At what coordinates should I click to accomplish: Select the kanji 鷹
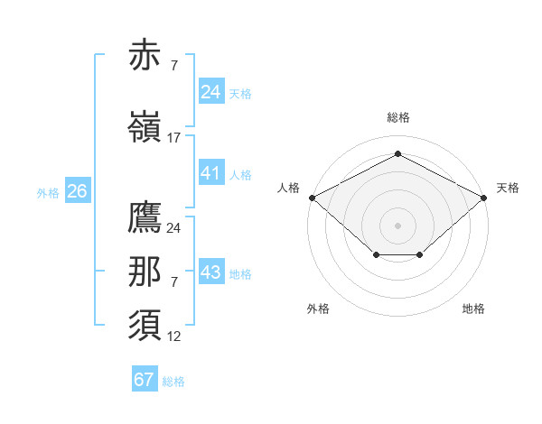point(145,217)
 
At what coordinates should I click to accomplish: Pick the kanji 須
point(145,324)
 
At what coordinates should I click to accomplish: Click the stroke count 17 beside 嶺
point(174,138)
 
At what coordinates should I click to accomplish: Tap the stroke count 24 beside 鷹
point(174,228)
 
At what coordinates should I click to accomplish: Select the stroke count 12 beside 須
point(174,336)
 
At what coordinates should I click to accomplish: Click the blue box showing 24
point(210,92)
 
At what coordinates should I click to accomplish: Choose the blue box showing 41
point(210,173)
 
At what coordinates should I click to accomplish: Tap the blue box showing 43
point(210,272)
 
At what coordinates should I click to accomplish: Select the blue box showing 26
point(77,191)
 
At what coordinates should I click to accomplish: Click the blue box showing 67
point(145,380)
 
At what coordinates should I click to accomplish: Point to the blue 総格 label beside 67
point(173,382)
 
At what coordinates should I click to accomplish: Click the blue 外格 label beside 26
point(48,192)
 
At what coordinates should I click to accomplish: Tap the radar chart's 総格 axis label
point(397,117)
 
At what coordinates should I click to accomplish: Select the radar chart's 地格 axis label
point(473,309)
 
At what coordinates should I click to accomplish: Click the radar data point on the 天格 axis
point(484,197)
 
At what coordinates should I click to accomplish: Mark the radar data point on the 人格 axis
point(312,197)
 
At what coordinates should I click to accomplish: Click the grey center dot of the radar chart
point(397,225)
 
